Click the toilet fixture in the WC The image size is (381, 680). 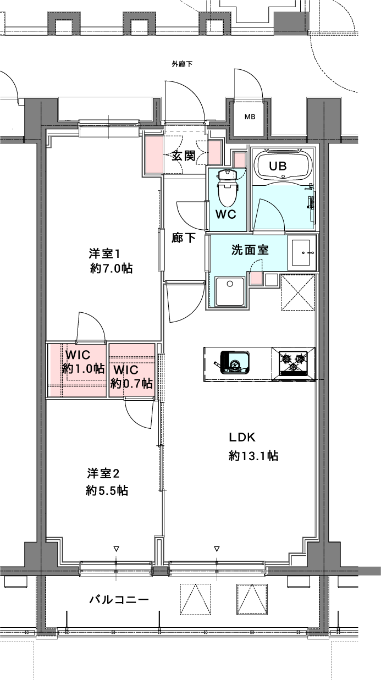pos(228,189)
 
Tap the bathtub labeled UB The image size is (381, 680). pos(284,165)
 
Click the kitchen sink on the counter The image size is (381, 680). pos(234,363)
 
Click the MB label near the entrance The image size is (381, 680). pos(250,117)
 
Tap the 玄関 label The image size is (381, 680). pos(184,156)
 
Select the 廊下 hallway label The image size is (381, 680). pos(184,237)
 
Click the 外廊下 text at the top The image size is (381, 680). pos(182,64)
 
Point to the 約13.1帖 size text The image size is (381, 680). pos(253,456)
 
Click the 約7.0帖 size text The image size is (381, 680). pos(111,268)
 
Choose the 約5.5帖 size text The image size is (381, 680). pos(107,490)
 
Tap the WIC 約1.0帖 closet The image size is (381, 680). pos(76,370)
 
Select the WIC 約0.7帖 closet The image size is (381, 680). pos(132,370)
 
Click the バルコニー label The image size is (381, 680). pos(119,600)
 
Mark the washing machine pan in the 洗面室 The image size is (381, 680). pos(230,291)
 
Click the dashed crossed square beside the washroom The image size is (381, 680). pos(298,292)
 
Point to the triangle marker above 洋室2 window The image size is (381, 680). pos(116,549)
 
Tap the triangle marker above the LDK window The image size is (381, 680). pos(217,549)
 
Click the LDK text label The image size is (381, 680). pos(242,437)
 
